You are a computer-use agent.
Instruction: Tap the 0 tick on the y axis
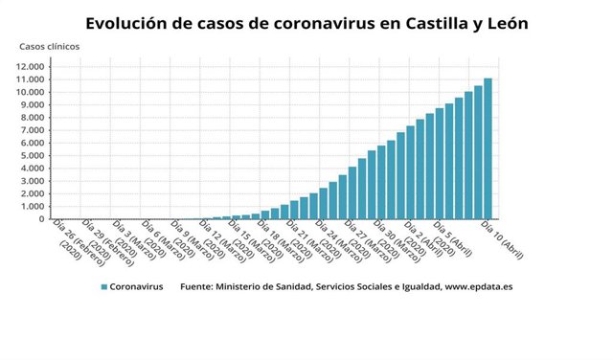coord(42,219)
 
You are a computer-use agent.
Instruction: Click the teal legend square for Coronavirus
coord(103,286)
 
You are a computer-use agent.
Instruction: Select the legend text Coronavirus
coord(136,286)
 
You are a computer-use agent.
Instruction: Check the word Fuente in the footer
coord(197,286)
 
